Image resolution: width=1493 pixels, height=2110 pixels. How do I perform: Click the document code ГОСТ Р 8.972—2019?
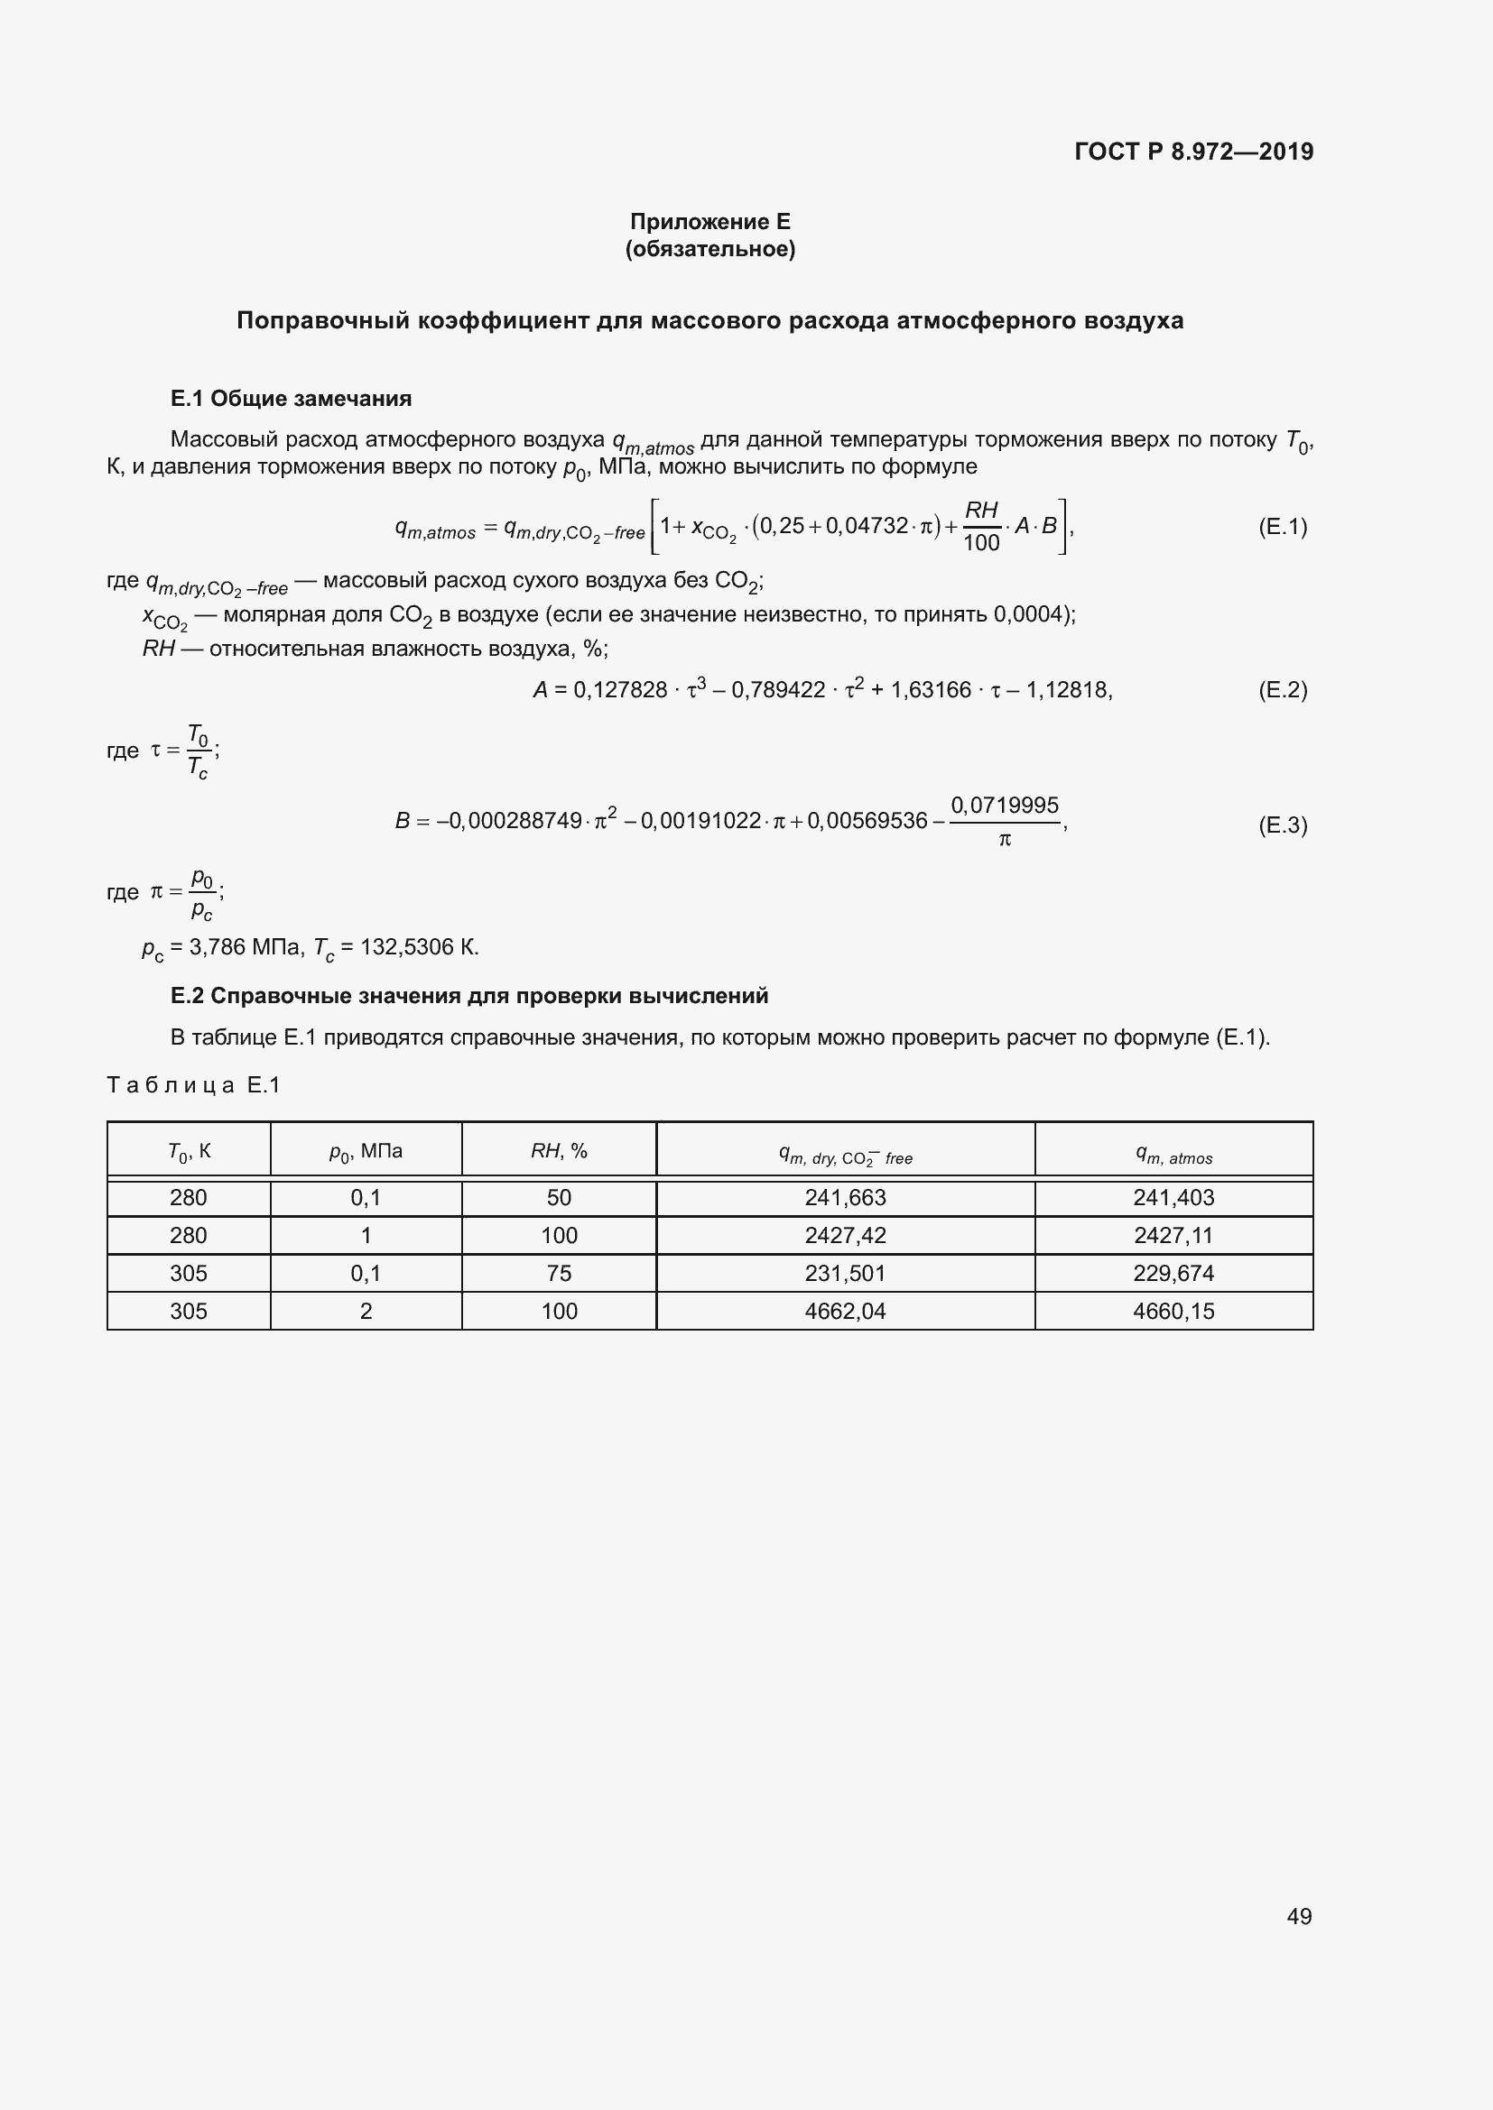[1193, 152]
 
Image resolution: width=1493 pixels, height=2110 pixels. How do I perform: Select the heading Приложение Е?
[709, 222]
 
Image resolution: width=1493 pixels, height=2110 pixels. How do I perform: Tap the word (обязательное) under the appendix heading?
[709, 249]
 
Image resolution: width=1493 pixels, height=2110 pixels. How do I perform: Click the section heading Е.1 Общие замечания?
[291, 399]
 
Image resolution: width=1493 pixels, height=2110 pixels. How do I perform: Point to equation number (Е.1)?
[1283, 527]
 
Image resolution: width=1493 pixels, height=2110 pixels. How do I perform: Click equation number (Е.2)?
[1283, 689]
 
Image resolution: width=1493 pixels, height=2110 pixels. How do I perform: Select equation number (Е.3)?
[1283, 825]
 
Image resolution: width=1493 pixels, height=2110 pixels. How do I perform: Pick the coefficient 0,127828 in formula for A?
[619, 690]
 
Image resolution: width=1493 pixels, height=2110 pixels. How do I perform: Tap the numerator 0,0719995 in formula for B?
[1004, 805]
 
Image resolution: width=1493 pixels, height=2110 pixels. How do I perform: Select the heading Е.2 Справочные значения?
[468, 996]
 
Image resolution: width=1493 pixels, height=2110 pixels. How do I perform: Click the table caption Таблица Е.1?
[194, 1085]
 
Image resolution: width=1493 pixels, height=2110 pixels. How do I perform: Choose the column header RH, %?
[559, 1150]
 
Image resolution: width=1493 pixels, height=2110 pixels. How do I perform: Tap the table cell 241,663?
[845, 1197]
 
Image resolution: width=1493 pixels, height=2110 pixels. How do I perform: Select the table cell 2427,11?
[1173, 1235]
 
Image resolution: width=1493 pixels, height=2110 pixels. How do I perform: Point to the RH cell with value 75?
[559, 1273]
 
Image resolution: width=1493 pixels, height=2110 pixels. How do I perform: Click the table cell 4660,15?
[1173, 1312]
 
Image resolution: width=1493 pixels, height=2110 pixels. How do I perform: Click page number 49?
[1298, 1916]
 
